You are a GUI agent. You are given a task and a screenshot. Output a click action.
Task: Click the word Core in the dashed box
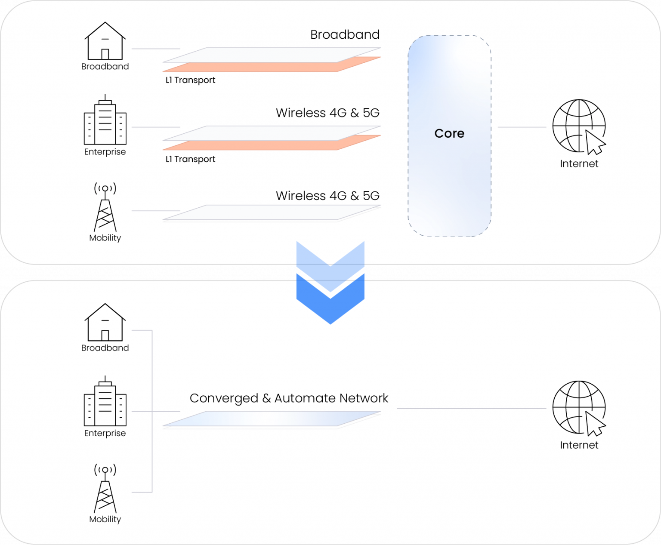tap(449, 133)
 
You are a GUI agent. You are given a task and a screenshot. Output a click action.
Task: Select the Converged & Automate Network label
tap(289, 398)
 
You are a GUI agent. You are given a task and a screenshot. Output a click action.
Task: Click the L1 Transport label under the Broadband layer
tap(190, 80)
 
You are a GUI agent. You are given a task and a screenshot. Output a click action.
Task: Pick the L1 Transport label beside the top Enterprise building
tap(190, 159)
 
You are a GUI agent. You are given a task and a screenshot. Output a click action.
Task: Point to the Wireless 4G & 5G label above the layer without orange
tap(327, 196)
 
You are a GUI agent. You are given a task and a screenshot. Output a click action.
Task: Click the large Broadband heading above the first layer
tap(345, 34)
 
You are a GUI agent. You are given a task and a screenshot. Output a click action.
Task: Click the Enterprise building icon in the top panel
tap(105, 120)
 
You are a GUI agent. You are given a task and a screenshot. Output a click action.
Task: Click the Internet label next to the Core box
tap(579, 164)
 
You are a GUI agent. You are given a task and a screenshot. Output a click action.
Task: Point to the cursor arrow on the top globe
tap(595, 143)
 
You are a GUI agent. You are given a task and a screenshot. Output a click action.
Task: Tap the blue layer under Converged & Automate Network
tap(271, 419)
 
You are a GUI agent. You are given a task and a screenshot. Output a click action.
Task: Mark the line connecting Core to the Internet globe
tap(522, 127)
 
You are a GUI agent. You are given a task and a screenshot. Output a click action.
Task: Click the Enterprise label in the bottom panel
tap(105, 433)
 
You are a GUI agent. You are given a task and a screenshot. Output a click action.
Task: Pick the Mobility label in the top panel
tap(105, 238)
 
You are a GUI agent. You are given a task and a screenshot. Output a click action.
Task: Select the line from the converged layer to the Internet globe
tap(471, 408)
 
